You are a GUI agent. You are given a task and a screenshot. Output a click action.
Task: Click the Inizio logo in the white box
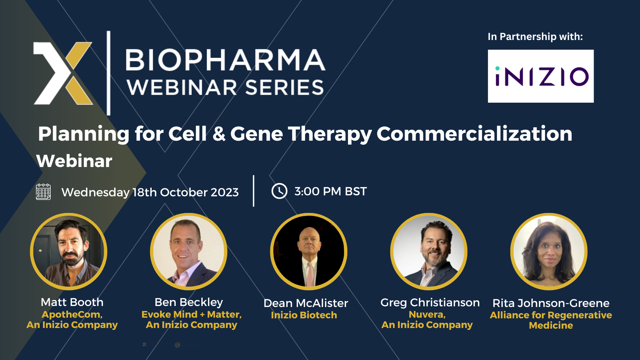[541, 76]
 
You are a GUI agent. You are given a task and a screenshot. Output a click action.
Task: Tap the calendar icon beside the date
[43, 192]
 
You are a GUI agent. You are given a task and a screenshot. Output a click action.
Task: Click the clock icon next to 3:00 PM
[279, 191]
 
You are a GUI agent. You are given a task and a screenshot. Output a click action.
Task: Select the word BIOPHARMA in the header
[225, 60]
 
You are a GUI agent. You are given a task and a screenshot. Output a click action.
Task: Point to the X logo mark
[63, 73]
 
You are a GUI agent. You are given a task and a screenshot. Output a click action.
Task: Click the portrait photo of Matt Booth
[69, 252]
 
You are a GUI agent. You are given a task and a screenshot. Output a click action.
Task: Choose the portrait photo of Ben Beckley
[189, 252]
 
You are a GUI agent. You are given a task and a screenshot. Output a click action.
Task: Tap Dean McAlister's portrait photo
[309, 252]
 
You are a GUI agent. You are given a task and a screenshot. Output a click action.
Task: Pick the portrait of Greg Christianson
[429, 252]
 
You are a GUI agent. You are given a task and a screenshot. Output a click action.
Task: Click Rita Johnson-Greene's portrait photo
[549, 252]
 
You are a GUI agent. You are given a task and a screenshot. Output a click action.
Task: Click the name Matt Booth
[72, 302]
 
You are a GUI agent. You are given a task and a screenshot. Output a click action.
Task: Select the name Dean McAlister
[306, 303]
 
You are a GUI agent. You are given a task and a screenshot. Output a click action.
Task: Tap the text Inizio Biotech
[304, 315]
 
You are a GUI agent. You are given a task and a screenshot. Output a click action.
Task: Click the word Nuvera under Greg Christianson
[426, 314]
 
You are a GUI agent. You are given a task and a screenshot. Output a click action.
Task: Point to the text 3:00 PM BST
[330, 191]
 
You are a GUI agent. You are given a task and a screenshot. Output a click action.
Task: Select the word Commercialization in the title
[474, 134]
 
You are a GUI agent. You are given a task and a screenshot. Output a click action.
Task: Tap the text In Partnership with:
[535, 36]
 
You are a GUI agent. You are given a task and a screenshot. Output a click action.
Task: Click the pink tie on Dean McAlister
[310, 273]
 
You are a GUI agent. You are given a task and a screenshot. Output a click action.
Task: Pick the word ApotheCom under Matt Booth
[71, 314]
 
